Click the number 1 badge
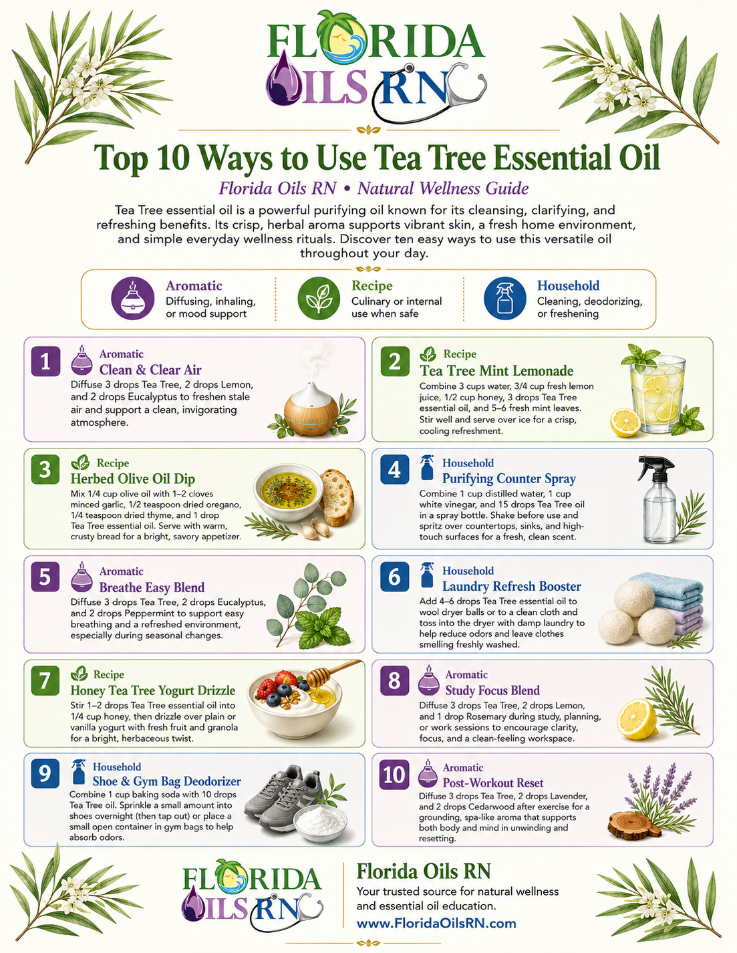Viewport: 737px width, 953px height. coord(45,362)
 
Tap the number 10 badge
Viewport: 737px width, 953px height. coord(394,775)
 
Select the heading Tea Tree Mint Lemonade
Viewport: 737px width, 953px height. coord(496,371)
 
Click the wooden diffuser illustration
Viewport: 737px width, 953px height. coord(311,409)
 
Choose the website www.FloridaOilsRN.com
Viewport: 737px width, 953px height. coord(436,924)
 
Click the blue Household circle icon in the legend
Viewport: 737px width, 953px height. coord(505,298)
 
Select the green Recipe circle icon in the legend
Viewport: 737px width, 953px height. coord(319,298)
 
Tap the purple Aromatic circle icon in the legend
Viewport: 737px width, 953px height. coord(132,298)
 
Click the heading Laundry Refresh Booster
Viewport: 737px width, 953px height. coord(512,586)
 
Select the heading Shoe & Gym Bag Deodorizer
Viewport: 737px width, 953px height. coord(166,781)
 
